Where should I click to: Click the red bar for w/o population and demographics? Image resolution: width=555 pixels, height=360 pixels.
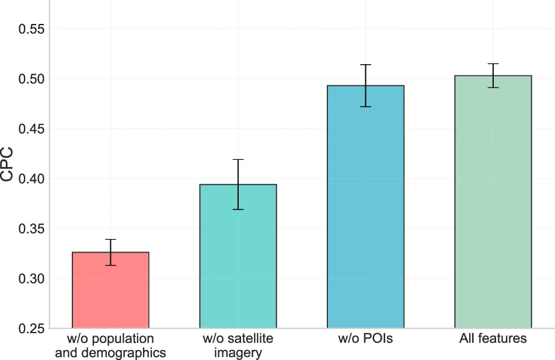110,290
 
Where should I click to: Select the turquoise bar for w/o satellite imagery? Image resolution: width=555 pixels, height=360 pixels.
238,256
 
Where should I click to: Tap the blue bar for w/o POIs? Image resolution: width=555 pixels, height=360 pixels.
366,207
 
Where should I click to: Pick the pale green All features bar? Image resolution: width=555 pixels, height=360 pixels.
493,202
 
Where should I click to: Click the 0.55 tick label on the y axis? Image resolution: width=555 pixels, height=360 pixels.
32,29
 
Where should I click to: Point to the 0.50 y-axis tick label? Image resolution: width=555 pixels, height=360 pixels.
32,79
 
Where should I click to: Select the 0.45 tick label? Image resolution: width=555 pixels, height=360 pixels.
32,129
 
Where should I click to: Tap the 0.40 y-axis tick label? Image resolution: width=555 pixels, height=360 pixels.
32,179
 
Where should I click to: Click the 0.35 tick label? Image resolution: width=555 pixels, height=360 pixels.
32,229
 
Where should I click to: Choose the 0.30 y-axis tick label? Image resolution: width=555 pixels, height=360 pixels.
32,278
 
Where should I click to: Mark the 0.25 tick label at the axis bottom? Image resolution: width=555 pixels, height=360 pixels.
32,328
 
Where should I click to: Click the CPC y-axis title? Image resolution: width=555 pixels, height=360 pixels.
7,165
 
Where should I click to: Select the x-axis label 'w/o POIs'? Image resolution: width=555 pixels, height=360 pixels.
366,338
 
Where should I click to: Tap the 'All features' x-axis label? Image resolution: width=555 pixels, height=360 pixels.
493,338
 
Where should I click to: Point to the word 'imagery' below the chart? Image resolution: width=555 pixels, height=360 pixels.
238,353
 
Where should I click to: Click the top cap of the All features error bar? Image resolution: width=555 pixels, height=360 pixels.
493,64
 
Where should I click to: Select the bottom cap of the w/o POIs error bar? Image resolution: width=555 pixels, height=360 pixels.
366,107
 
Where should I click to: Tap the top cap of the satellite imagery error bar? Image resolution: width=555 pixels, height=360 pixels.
238,160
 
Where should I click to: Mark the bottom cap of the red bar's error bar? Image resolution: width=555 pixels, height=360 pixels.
110,265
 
